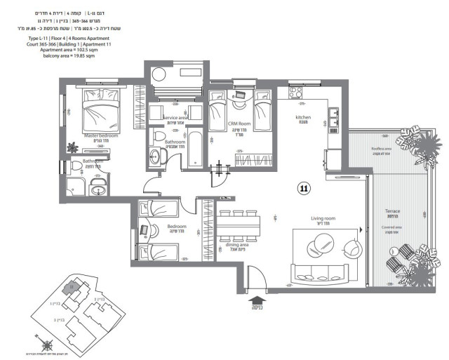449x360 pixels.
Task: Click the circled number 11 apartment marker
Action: (x=304, y=188)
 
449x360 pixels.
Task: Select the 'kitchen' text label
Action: (x=302, y=118)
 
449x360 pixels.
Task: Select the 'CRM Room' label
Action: (x=240, y=124)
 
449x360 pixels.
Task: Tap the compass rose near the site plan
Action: (x=47, y=344)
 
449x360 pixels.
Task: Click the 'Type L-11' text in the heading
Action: (x=39, y=38)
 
